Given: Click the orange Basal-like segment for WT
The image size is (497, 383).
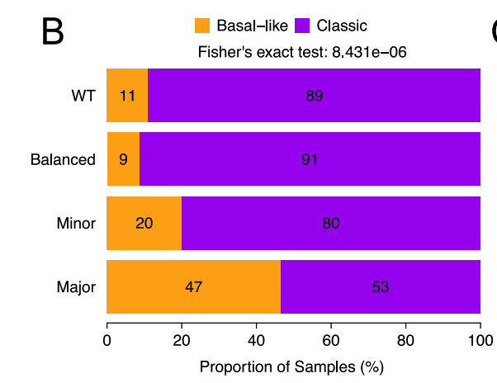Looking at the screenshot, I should (x=127, y=95).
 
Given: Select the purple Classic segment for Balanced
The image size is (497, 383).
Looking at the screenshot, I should (x=310, y=159).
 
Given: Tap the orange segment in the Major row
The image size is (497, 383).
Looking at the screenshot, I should (x=194, y=286).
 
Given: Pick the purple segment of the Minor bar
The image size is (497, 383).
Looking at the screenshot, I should (x=330, y=223).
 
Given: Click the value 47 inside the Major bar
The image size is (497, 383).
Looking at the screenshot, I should (x=194, y=287).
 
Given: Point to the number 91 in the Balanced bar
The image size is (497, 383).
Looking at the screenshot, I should (x=310, y=159).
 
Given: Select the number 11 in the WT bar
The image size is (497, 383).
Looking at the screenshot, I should (x=127, y=96).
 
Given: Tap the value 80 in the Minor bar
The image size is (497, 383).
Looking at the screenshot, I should (x=330, y=223).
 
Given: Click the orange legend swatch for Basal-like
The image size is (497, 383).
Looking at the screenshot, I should (x=201, y=26).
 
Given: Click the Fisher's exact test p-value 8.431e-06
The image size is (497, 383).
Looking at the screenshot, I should (x=369, y=53).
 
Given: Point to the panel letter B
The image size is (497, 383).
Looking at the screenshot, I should (x=52, y=31).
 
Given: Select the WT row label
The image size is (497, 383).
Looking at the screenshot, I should (x=83, y=96).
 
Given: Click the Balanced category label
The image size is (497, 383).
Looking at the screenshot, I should (x=63, y=159).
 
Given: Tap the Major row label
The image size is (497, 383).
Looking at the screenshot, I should (x=76, y=287).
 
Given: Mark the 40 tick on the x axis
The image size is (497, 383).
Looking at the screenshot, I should (x=256, y=339).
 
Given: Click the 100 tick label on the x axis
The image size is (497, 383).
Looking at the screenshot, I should (x=480, y=339).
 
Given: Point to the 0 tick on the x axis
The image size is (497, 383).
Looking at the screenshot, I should (x=107, y=339).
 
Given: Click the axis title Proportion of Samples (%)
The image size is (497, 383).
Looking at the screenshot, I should (x=291, y=365).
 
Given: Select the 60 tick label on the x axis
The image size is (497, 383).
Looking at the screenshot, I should (x=330, y=339).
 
